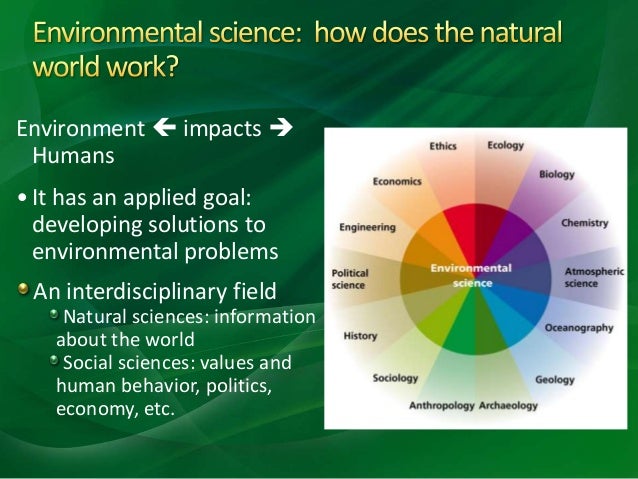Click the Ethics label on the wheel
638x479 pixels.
[443, 146]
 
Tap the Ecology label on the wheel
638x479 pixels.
[505, 146]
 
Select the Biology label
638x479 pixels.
[557, 175]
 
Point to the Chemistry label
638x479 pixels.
[585, 223]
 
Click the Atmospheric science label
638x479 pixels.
[594, 278]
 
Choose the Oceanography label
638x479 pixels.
[579, 328]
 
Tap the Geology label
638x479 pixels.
[555, 380]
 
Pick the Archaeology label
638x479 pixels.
[508, 406]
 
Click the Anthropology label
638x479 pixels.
[441, 406]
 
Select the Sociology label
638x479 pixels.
[395, 378]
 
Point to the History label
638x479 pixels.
[360, 336]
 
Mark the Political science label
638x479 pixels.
[350, 279]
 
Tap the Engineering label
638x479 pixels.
[367, 227]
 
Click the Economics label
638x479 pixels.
[397, 182]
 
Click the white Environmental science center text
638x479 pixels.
[471, 276]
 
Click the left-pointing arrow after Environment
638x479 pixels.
[165, 128]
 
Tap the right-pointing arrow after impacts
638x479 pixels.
[281, 128]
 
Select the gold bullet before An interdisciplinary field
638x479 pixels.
[23, 289]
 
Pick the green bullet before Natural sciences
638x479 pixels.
[54, 313]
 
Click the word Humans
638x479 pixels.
[73, 155]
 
